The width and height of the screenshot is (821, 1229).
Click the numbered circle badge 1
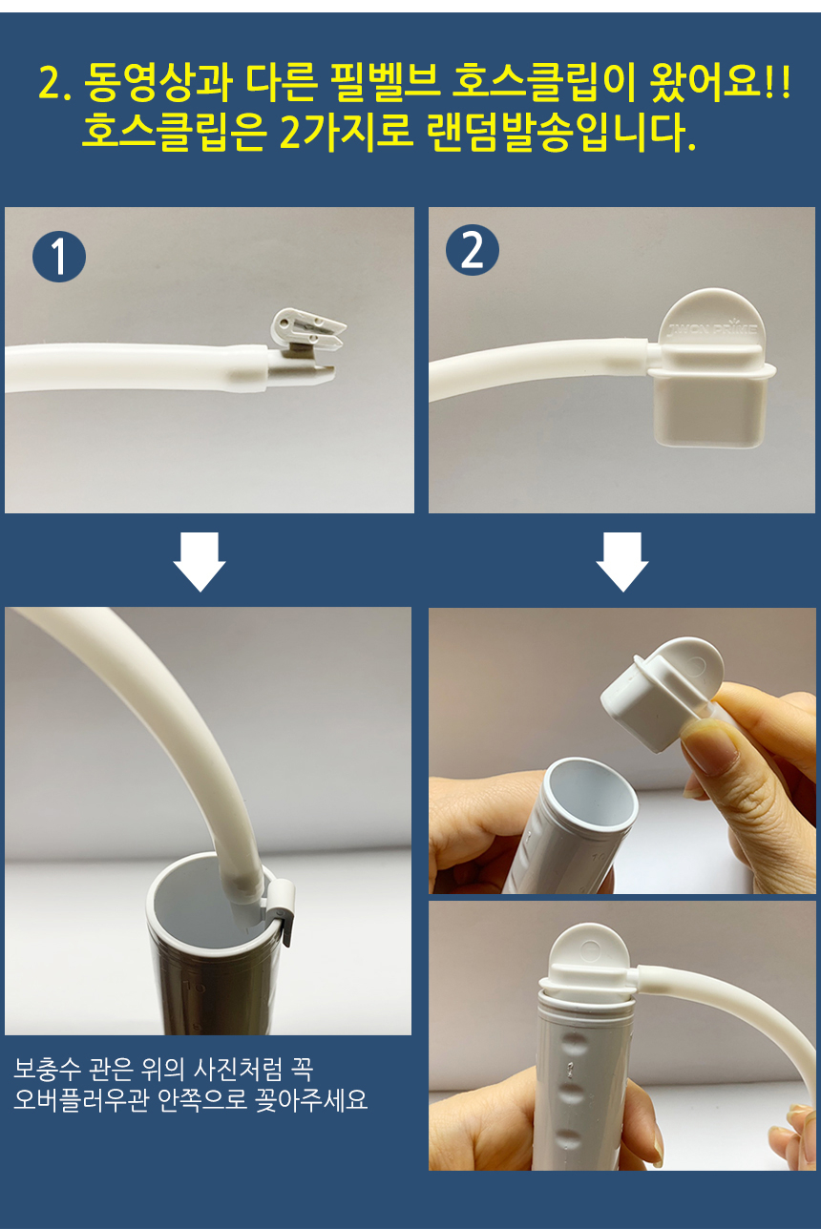tap(59, 256)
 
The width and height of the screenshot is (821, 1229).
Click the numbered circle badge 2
tap(472, 250)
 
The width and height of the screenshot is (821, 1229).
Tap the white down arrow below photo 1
tap(200, 561)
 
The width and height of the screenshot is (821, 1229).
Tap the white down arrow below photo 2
tap(622, 561)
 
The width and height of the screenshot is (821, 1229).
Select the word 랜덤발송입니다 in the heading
tap(560, 133)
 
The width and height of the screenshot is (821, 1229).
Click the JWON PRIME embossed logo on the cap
tap(712, 329)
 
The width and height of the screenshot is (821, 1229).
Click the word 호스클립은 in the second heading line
tap(174, 133)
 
